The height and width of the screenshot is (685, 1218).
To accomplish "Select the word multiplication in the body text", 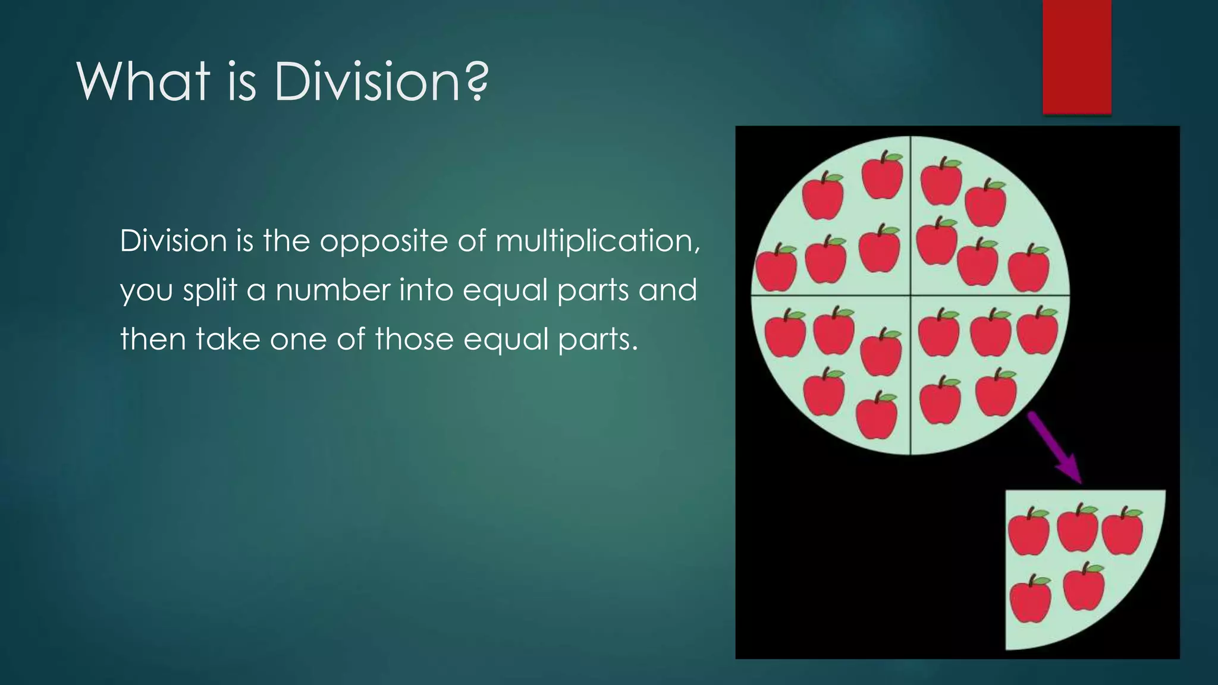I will (x=597, y=241).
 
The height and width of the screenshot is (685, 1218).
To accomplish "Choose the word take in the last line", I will (x=228, y=339).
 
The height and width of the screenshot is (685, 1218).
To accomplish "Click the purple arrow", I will (x=1055, y=447).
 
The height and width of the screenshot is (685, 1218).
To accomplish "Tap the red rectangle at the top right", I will (x=1076, y=56).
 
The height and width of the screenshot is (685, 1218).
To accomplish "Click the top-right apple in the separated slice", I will (x=1122, y=530).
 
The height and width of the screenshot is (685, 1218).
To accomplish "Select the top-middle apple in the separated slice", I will (x=1077, y=527).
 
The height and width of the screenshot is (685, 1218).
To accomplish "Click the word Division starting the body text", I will (x=173, y=241).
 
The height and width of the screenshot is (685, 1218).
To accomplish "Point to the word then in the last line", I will (x=153, y=339).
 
